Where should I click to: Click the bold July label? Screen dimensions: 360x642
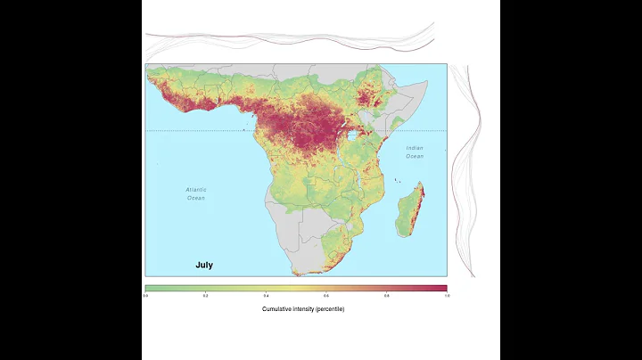204,265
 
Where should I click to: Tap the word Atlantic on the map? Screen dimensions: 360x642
196,190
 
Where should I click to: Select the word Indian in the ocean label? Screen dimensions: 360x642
414,148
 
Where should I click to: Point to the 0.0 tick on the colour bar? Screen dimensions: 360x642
146,295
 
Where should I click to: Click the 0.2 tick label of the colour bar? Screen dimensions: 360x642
206,295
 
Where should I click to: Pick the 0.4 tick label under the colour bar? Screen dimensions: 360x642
267,295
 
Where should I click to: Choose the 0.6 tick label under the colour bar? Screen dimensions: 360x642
326,295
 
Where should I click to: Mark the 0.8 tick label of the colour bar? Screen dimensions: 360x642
386,295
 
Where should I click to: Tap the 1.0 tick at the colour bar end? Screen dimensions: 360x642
445,295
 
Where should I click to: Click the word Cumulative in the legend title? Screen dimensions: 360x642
280,308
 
